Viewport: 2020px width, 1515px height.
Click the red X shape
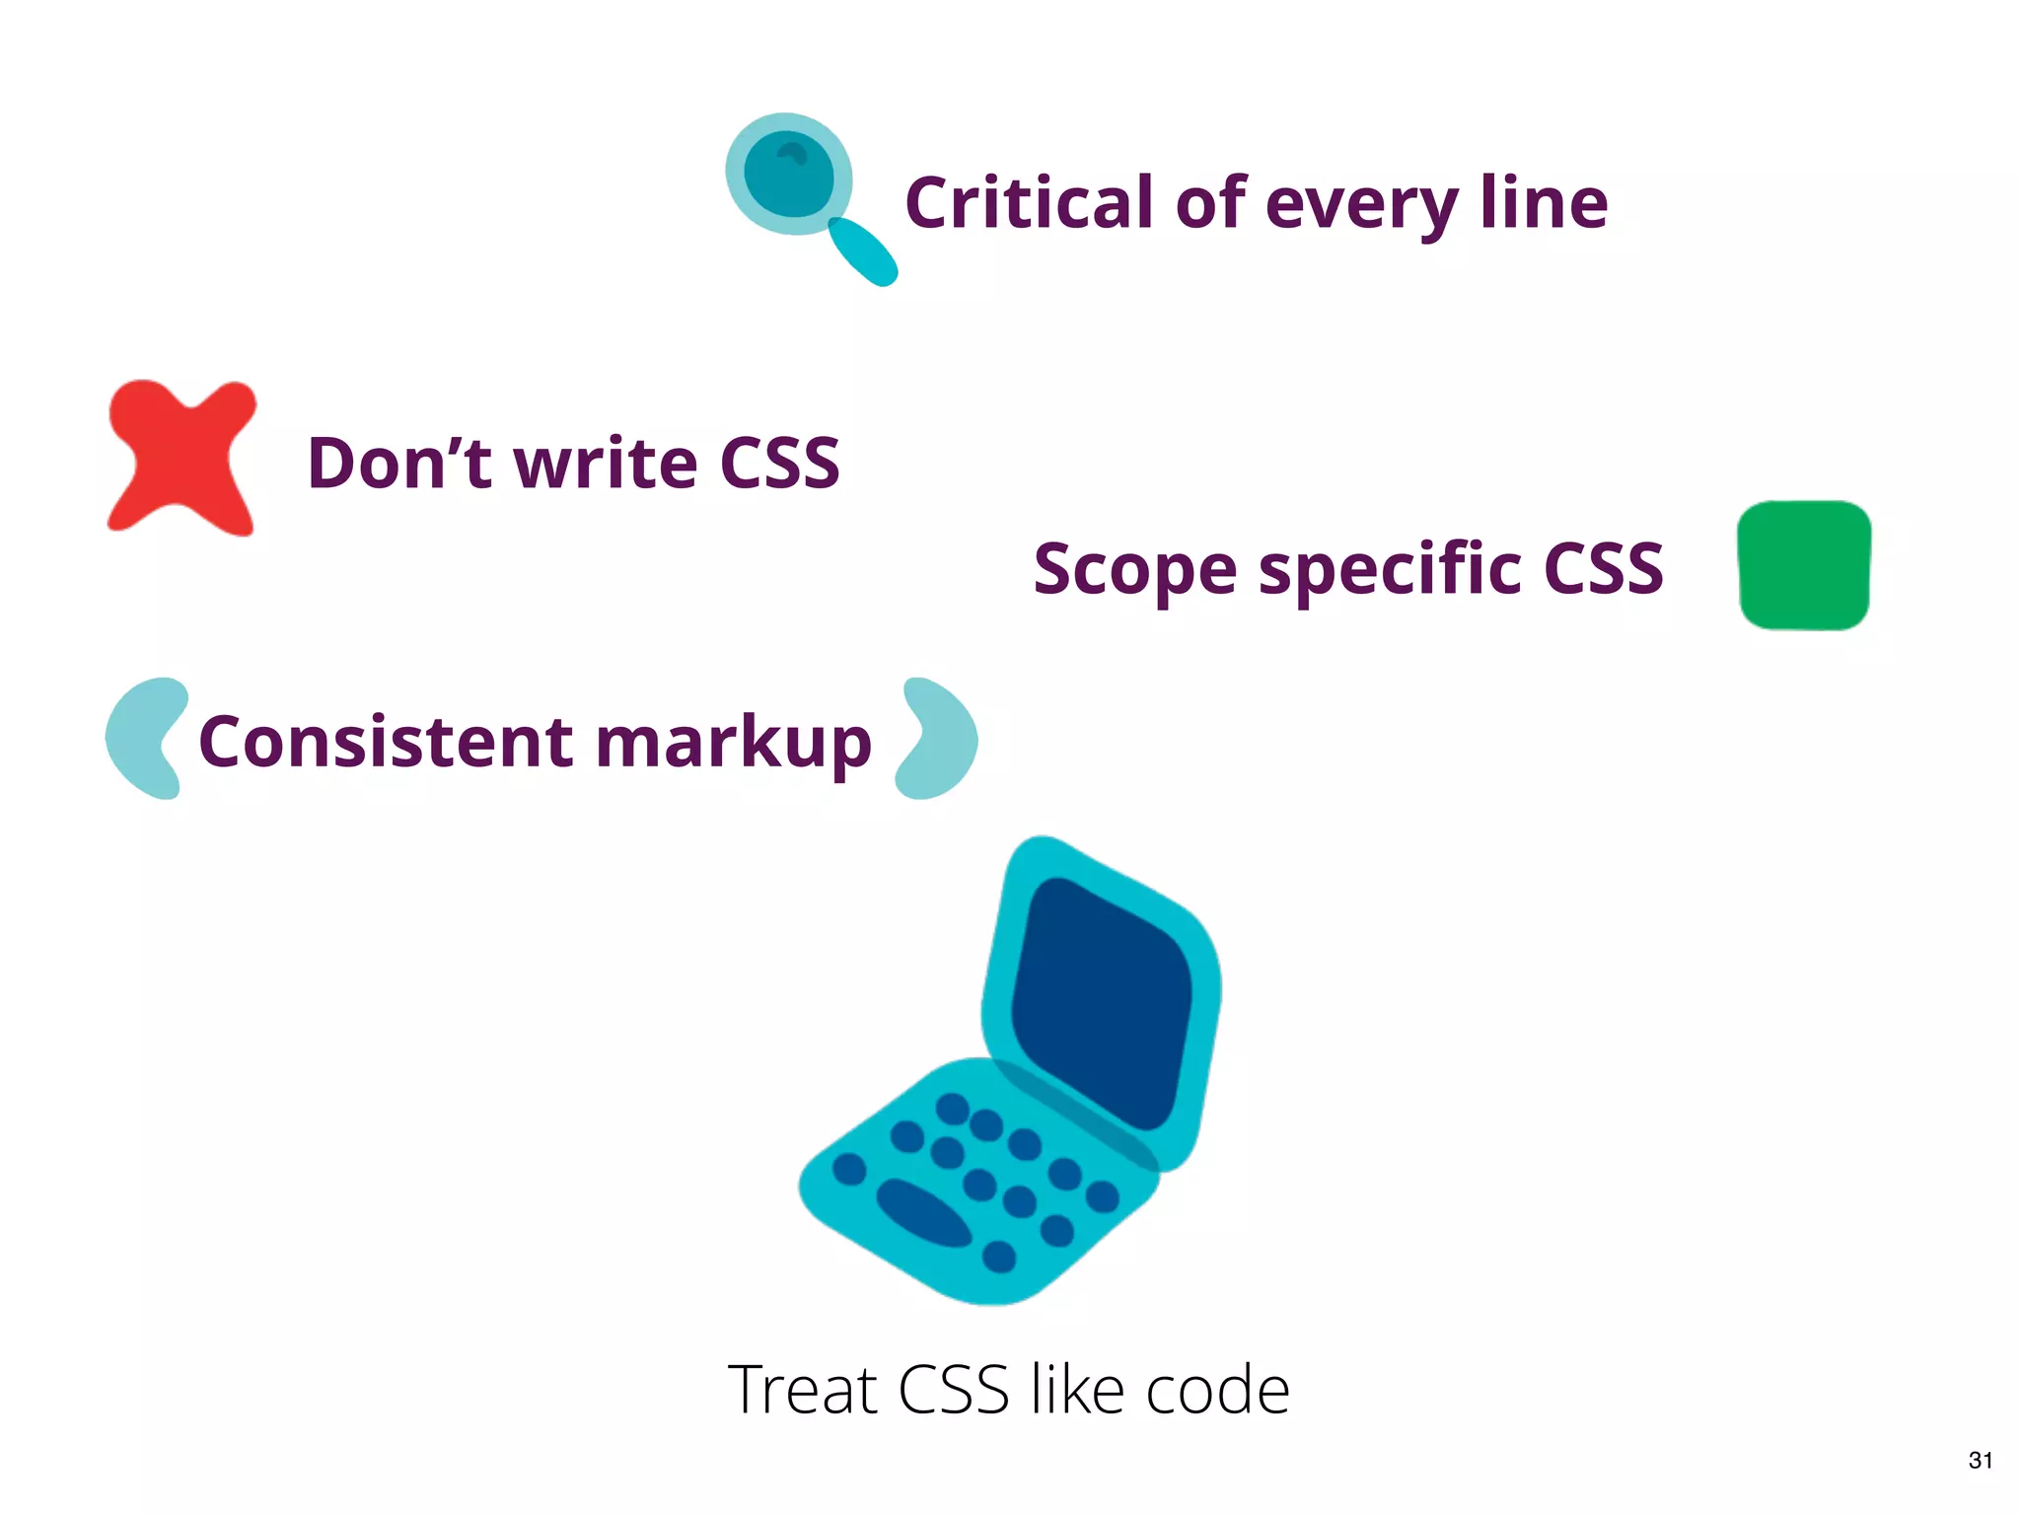click(180, 457)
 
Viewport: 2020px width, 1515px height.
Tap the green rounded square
click(1804, 565)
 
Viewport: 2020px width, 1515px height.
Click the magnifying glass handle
click(863, 252)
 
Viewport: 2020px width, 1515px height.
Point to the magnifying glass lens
click(788, 174)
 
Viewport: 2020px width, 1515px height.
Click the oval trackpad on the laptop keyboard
click(923, 1212)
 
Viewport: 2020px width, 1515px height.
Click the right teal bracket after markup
click(937, 738)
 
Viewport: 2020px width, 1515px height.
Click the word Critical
click(1029, 203)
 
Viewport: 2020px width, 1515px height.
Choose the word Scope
click(1134, 570)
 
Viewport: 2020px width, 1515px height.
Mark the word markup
click(734, 745)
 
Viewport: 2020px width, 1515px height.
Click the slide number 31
click(1981, 1461)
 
